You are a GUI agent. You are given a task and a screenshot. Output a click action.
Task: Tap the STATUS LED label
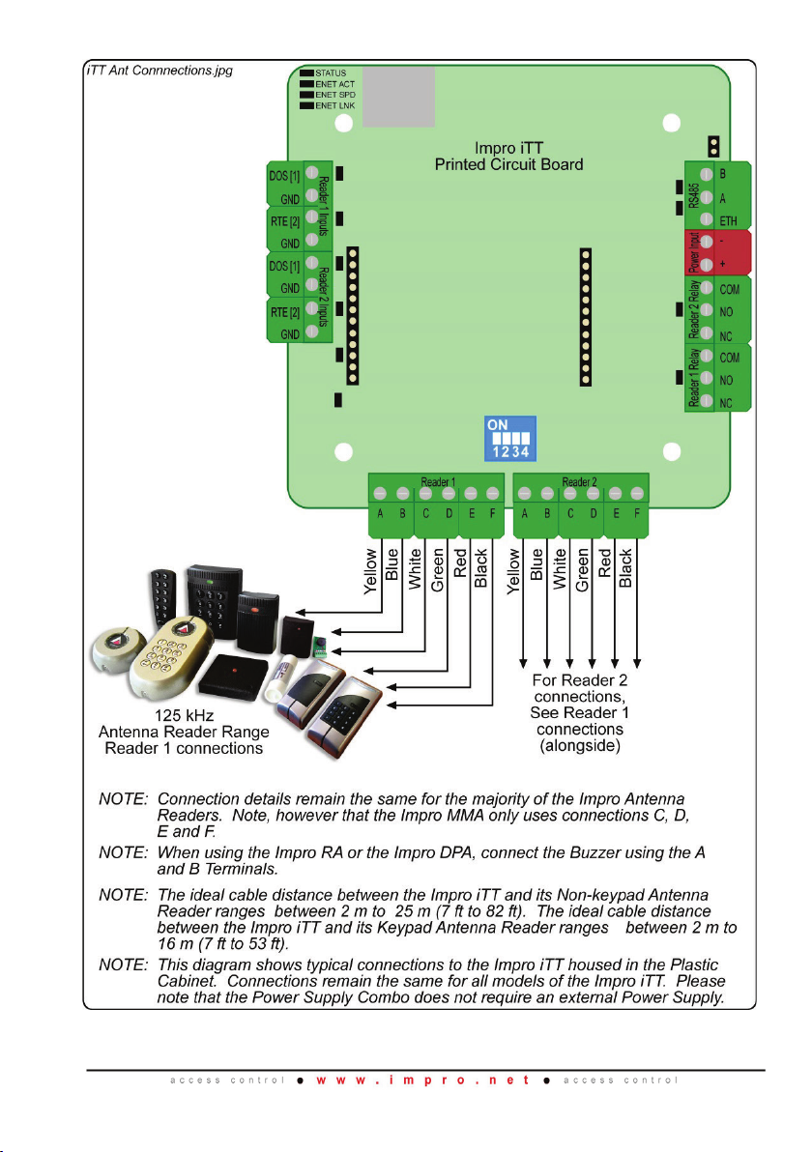pyautogui.click(x=331, y=72)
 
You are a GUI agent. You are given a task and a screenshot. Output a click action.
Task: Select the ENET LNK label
pyautogui.click(x=335, y=104)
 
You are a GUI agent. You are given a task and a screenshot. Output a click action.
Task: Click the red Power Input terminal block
pyautogui.click(x=716, y=250)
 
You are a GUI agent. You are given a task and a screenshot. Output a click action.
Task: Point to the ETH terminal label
pyautogui.click(x=730, y=219)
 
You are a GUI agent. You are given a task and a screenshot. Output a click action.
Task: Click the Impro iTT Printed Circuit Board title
pyautogui.click(x=508, y=157)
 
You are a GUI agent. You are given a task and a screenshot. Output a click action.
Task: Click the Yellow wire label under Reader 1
pyautogui.click(x=371, y=572)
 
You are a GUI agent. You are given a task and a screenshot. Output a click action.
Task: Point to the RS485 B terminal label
pyautogui.click(x=725, y=176)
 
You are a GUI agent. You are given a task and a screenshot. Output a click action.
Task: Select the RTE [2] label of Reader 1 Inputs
pyautogui.click(x=283, y=222)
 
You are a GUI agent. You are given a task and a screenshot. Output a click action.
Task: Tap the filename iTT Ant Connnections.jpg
pyautogui.click(x=155, y=71)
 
